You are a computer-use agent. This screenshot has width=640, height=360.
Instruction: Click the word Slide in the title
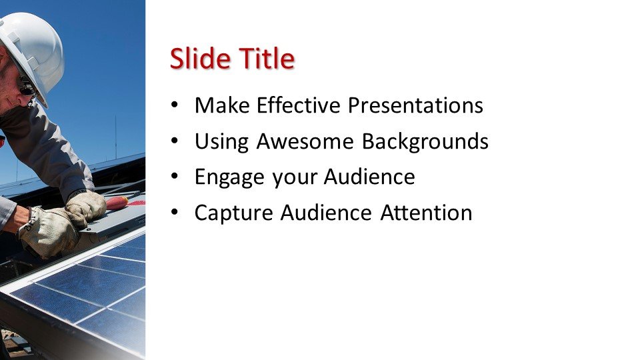(200, 59)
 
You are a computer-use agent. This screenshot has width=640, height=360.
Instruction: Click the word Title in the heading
(267, 59)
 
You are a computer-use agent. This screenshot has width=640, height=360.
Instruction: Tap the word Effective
(299, 105)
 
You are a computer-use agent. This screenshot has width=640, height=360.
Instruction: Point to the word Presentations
(415, 105)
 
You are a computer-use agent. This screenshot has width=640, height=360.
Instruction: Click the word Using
(221, 142)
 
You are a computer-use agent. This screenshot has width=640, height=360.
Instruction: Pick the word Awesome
(305, 141)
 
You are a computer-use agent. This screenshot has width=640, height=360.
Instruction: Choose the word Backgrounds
(425, 141)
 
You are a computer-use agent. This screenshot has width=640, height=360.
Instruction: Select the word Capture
(233, 213)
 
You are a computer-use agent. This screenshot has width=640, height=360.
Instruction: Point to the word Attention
(426, 213)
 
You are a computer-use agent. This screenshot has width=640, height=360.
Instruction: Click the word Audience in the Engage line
(369, 177)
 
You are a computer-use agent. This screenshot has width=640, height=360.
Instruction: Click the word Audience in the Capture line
(326, 213)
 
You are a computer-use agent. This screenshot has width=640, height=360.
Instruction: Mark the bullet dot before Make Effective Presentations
(175, 105)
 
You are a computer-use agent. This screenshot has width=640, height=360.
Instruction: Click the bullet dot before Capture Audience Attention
(175, 213)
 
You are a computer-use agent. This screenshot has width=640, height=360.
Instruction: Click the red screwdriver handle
(117, 203)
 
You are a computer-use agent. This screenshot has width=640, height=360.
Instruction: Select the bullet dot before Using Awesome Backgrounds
(175, 141)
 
